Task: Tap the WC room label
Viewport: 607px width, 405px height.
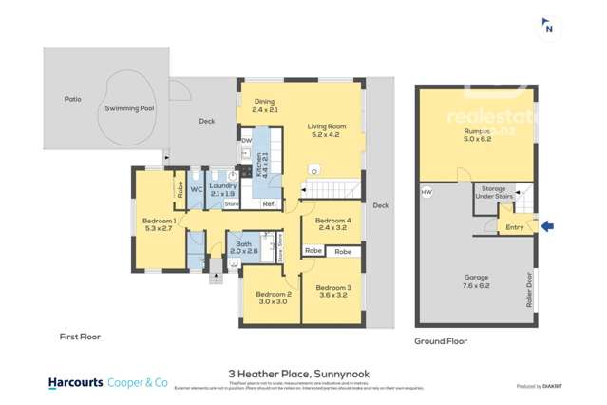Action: pyautogui.click(x=197, y=188)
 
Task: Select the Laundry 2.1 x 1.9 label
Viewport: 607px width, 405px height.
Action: pyautogui.click(x=223, y=190)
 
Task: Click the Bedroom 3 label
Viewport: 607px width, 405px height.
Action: pyautogui.click(x=332, y=287)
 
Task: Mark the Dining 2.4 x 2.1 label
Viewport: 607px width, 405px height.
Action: pyautogui.click(x=264, y=105)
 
